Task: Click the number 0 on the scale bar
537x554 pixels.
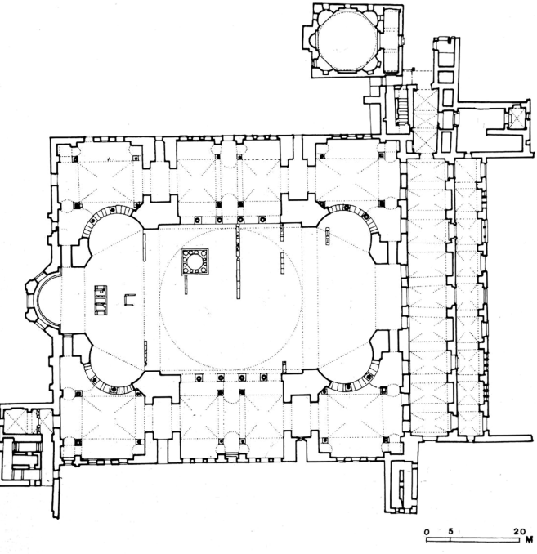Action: (x=427, y=531)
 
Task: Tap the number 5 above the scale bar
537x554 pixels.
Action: (x=450, y=531)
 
